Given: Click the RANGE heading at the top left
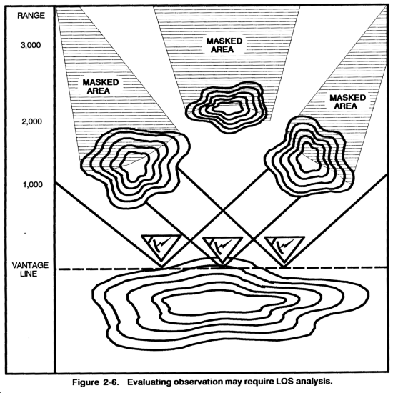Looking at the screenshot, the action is pos(31,16).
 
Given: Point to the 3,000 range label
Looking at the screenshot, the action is pos(31,45).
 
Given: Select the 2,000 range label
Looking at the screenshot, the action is pos(31,121).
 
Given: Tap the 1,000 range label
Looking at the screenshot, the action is pos(33,185).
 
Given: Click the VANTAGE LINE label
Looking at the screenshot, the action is pos(30,269).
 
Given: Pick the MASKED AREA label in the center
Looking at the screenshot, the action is pos(224,45).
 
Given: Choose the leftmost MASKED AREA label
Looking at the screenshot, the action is pos(100,86).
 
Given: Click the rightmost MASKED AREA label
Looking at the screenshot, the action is pos(347,101).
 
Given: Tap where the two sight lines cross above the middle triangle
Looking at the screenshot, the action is pos(223,211).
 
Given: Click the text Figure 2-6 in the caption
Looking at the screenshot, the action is pos(96,382).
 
